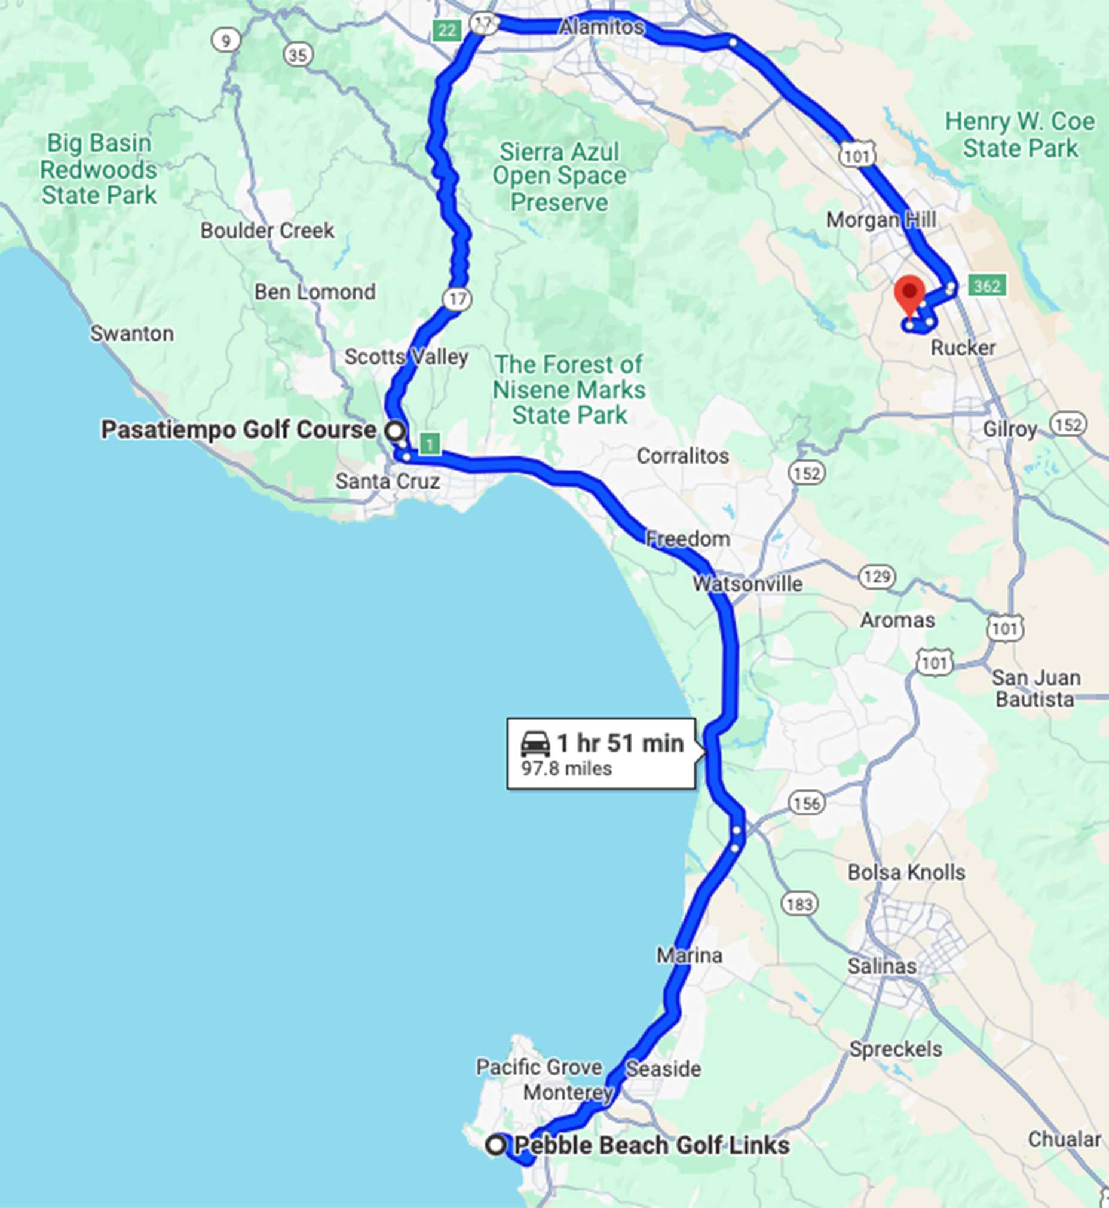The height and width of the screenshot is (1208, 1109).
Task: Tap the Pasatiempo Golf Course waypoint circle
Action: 394,430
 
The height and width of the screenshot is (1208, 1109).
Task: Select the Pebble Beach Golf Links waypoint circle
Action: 496,1145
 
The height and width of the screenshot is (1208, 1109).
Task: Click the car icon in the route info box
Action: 535,744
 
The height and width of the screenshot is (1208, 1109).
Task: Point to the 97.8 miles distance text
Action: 566,769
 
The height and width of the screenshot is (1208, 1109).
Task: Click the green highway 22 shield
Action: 446,30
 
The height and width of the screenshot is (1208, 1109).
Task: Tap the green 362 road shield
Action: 987,286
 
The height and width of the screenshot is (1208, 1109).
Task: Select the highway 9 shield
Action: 226,41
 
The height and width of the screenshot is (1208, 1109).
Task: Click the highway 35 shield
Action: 298,55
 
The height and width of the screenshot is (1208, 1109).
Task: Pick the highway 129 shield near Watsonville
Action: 877,577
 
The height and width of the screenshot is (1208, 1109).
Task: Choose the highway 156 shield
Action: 807,803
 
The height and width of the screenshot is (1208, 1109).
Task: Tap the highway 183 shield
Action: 799,904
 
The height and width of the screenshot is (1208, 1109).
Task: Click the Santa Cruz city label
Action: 387,481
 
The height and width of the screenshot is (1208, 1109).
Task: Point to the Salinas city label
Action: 881,965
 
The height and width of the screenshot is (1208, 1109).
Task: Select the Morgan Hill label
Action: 880,220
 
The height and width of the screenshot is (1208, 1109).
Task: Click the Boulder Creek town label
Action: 267,231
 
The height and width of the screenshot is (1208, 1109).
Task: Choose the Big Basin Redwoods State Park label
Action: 99,169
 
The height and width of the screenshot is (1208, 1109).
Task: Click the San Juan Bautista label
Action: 1035,688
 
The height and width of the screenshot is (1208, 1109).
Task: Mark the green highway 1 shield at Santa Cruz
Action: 430,444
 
